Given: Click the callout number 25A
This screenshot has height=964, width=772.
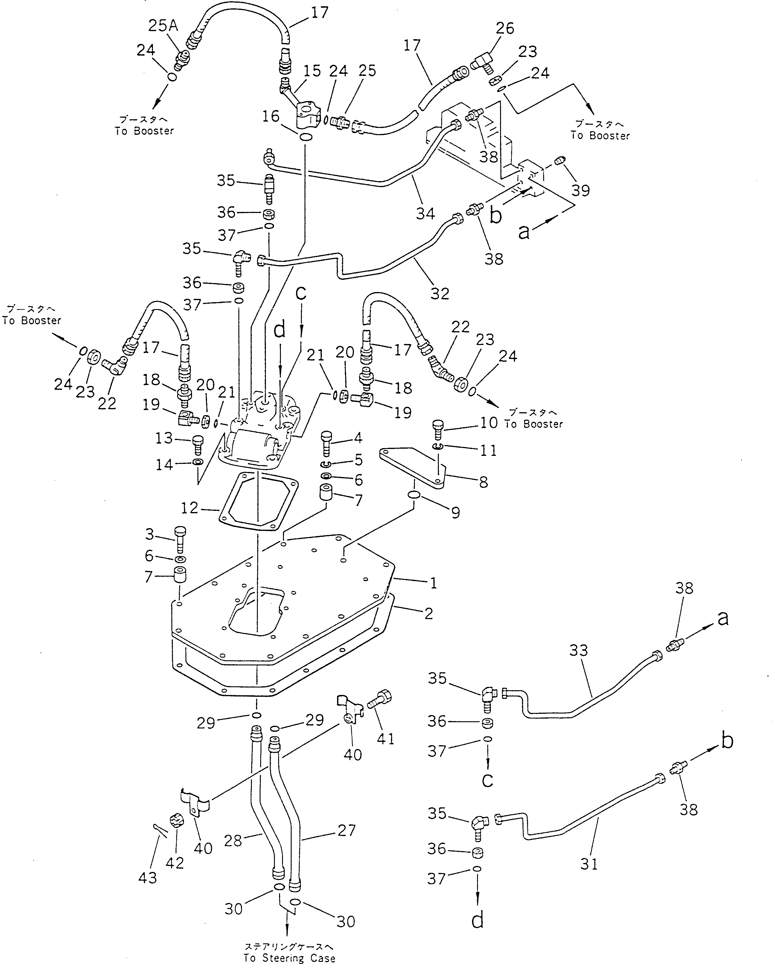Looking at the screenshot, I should [163, 26].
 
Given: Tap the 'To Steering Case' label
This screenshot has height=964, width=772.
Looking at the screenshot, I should [289, 958].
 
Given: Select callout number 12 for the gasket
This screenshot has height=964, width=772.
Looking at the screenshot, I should [189, 508].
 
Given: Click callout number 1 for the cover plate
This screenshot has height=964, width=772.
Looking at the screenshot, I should [433, 583].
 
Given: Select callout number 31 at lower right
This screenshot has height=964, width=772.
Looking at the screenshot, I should [589, 864].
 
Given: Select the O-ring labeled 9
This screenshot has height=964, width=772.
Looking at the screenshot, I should [414, 495].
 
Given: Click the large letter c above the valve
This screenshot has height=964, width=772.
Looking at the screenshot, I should [301, 293].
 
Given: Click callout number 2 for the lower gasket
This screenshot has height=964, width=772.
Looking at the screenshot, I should [428, 613].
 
